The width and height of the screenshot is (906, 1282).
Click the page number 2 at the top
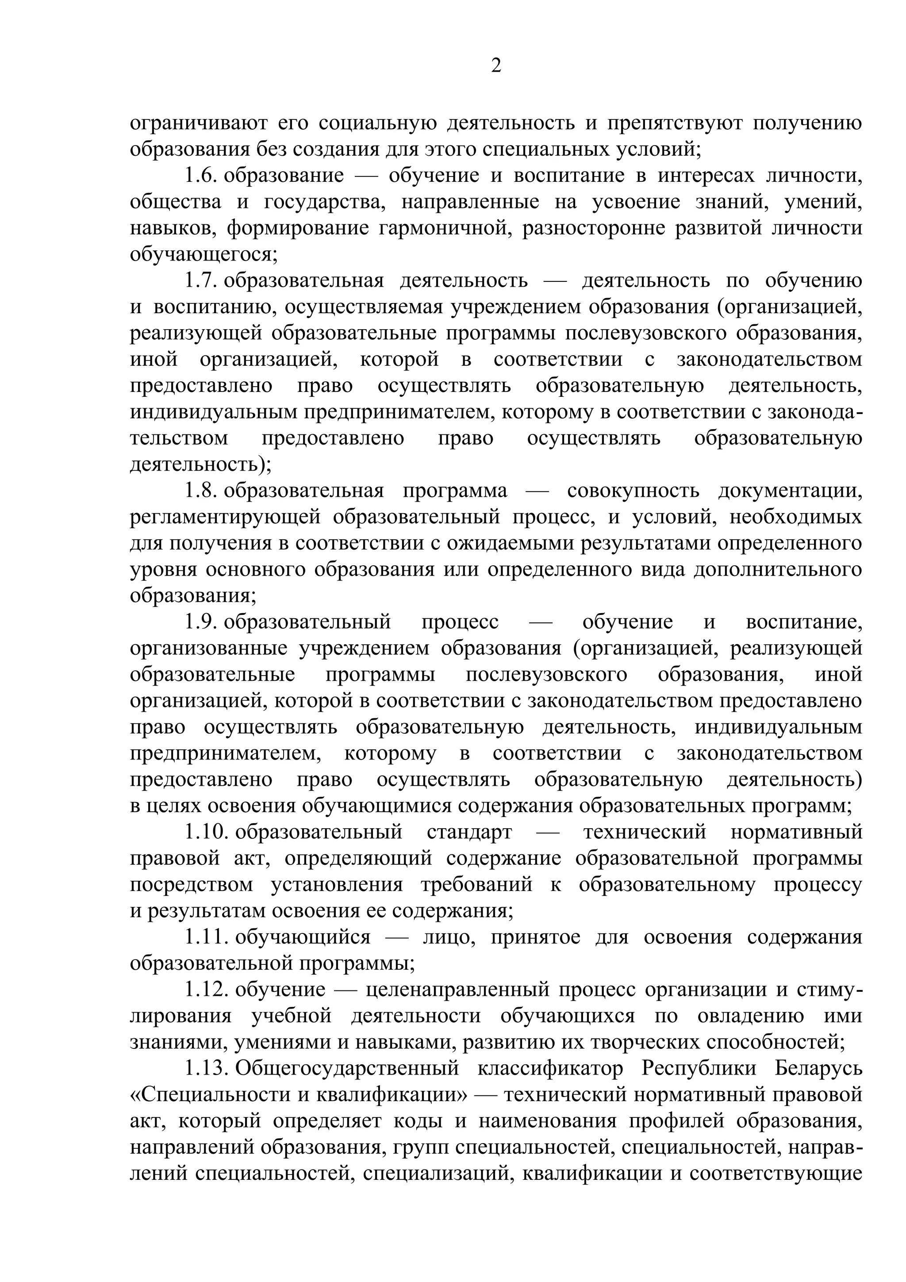pyautogui.click(x=496, y=66)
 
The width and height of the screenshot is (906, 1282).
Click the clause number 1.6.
pyautogui.click(x=200, y=175)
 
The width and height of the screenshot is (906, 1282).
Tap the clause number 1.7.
pyautogui.click(x=200, y=280)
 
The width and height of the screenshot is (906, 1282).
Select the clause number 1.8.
pyautogui.click(x=200, y=491)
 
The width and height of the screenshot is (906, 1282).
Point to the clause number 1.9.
pyautogui.click(x=200, y=622)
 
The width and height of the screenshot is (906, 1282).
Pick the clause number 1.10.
pyautogui.click(x=207, y=832)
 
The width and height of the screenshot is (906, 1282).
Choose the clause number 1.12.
pyautogui.click(x=207, y=990)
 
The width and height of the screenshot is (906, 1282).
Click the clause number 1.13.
pyautogui.click(x=207, y=1069)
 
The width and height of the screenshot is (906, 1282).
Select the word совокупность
pyautogui.click(x=633, y=491)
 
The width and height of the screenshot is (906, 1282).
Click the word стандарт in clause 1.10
pyautogui.click(x=469, y=832)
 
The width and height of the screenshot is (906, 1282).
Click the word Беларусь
pyautogui.click(x=818, y=1069)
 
